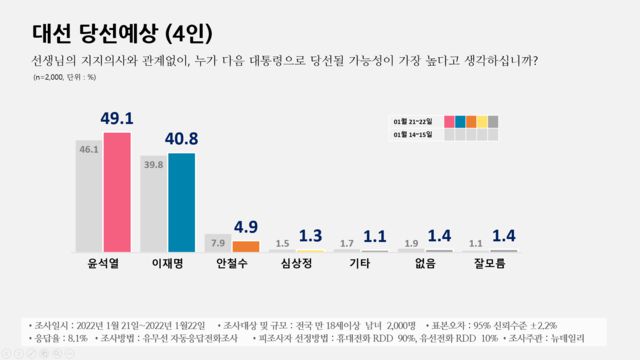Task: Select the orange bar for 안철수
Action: pos(245,246)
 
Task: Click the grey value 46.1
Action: pos(90,149)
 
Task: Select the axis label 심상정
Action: pos(294,266)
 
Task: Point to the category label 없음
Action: pos(422,266)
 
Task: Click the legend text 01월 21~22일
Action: pos(413,122)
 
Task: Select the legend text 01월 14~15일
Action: pos(413,135)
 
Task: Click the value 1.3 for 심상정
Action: pos(310,235)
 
